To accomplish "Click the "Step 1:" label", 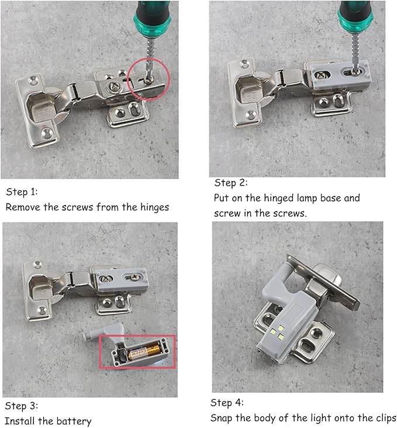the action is tap(22, 192).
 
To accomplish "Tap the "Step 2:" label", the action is tap(231, 183).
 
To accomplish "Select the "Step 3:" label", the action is tap(22, 406).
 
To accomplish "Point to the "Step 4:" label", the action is tap(227, 403).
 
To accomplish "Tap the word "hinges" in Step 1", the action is tap(154, 208).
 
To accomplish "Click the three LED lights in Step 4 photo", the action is tap(277, 332).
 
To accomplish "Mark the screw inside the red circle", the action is tap(149, 80).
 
